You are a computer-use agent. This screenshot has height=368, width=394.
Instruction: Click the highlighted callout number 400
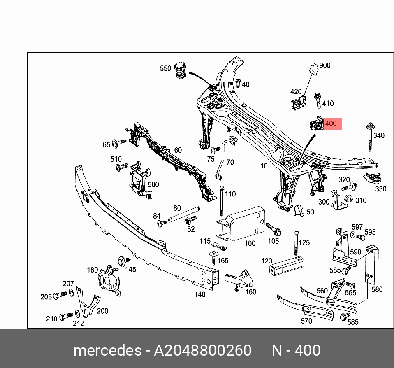click(x=331, y=123)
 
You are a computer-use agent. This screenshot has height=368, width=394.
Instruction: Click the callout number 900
click(x=324, y=65)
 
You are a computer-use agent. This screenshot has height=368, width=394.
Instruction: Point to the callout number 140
click(x=200, y=294)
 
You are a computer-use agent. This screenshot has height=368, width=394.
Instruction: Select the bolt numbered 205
click(x=60, y=295)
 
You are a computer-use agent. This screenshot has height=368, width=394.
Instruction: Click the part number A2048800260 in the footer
click(x=202, y=350)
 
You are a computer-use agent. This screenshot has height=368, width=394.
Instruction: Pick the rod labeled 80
click(x=184, y=214)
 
